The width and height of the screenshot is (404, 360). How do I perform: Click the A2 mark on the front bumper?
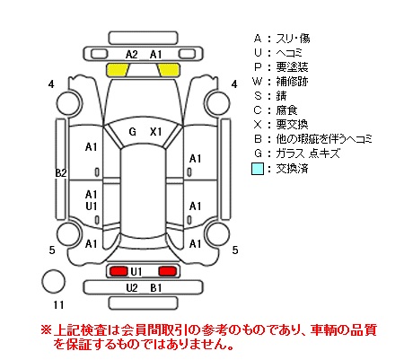click(x=132, y=55)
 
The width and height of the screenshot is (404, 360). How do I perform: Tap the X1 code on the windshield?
click(x=155, y=132)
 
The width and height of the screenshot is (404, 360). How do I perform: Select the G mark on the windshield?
click(x=132, y=132)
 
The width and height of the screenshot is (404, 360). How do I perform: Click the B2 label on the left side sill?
click(x=61, y=172)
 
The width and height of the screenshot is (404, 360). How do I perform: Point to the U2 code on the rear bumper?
click(x=132, y=288)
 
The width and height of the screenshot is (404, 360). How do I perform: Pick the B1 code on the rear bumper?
click(x=155, y=288)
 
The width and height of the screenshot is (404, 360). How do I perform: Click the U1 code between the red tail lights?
click(x=136, y=272)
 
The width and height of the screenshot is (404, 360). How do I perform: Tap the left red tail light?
click(x=119, y=271)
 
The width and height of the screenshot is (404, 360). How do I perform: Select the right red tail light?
click(x=168, y=271)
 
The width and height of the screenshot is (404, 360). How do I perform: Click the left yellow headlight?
click(x=118, y=70)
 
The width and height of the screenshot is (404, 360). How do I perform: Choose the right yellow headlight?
click(x=169, y=70)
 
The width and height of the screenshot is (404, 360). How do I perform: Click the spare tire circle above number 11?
click(x=53, y=281)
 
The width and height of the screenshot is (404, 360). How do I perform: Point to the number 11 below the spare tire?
click(x=58, y=305)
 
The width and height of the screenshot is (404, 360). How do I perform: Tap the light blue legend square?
click(x=258, y=169)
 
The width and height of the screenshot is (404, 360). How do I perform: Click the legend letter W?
click(x=257, y=82)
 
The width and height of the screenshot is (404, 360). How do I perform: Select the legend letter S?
click(x=258, y=96)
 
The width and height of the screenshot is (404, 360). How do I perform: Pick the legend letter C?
click(x=258, y=110)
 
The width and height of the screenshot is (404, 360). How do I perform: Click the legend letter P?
click(x=258, y=67)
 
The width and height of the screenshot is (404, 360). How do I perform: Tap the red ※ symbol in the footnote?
click(x=47, y=330)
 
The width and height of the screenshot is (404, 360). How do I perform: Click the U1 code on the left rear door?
click(x=91, y=206)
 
